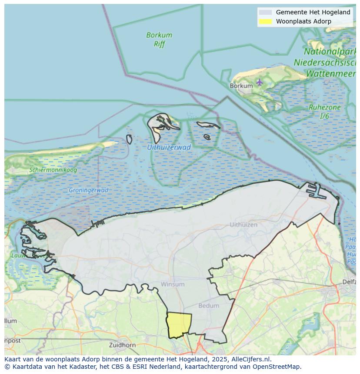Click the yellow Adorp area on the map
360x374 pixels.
(x=179, y=324)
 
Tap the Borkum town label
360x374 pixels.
(x=241, y=86)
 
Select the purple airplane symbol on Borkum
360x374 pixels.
(x=260, y=82)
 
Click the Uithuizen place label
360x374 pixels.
(x=243, y=225)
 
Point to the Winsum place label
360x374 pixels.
(x=173, y=284)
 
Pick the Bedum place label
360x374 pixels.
(x=209, y=305)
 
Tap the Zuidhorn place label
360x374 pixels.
(x=123, y=345)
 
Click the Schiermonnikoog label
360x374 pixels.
(x=53, y=170)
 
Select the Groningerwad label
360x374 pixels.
(x=88, y=190)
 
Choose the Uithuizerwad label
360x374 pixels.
(x=169, y=147)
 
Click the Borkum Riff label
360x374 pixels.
(x=159, y=39)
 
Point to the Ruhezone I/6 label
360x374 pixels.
(x=324, y=112)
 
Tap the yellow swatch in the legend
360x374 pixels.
(x=265, y=21)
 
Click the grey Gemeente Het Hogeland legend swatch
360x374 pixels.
(x=265, y=12)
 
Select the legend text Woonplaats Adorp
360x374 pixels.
(x=303, y=21)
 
